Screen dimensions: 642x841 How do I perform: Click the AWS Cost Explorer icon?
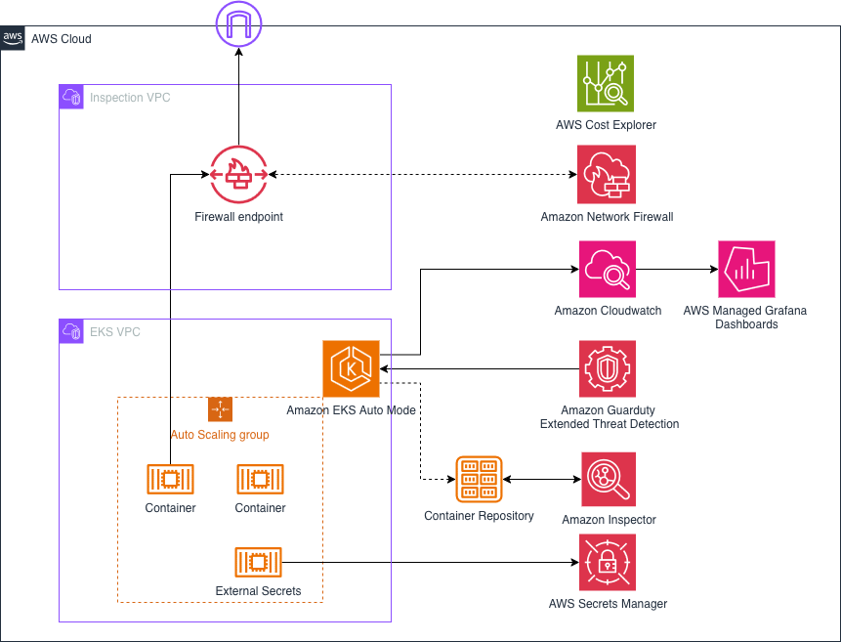coord(606,83)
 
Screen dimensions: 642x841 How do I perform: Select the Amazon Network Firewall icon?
coord(606,175)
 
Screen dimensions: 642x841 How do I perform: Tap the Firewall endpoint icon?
coord(238,175)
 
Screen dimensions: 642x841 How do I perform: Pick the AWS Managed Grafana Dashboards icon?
coord(746,270)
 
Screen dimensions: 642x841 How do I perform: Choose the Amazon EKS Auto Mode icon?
coord(351,368)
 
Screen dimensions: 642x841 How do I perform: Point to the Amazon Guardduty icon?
coord(608,368)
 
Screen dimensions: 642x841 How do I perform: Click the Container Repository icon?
coord(479,480)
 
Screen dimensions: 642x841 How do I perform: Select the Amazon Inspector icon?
coord(609,480)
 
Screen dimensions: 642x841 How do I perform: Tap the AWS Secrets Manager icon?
coord(608,563)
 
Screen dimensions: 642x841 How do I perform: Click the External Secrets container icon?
coord(258,563)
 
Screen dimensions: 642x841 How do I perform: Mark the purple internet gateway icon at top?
coord(238,21)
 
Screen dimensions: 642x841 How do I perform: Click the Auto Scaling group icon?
coord(220,409)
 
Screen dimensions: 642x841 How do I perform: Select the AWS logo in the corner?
coord(13,38)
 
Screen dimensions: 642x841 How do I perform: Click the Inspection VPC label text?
coord(130,98)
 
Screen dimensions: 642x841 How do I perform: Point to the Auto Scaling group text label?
coord(220,435)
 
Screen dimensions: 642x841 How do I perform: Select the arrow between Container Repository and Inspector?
coord(542,480)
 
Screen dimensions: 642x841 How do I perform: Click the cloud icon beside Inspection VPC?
coord(71,97)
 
